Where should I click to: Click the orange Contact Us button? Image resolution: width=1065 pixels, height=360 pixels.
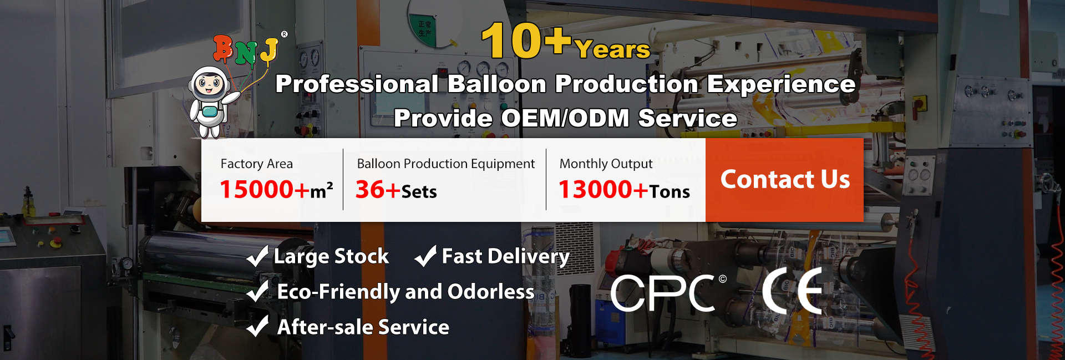(784, 180)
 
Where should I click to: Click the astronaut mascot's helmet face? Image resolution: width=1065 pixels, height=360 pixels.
(209, 85)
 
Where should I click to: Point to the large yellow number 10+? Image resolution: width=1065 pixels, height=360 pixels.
(526, 40)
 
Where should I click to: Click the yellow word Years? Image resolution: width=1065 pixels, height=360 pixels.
(612, 49)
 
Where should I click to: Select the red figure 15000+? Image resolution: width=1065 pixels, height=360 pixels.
(265, 190)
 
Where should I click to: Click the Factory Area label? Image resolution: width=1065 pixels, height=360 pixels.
(257, 164)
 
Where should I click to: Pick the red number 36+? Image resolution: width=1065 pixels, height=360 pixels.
(378, 190)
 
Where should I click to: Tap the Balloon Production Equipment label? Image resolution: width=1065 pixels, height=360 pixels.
(446, 164)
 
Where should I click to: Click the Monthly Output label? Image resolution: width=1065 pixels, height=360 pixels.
(606, 164)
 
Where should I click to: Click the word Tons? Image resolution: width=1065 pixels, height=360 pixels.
(670, 192)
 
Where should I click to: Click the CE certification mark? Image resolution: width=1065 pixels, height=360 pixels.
(792, 291)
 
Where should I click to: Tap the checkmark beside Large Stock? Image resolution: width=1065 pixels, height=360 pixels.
(257, 256)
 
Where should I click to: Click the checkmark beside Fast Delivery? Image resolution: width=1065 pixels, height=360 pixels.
(425, 256)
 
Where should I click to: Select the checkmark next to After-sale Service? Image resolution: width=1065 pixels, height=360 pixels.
(257, 326)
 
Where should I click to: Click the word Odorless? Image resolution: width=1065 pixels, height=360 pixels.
(491, 292)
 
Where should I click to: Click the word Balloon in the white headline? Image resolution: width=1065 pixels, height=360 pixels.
(497, 84)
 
